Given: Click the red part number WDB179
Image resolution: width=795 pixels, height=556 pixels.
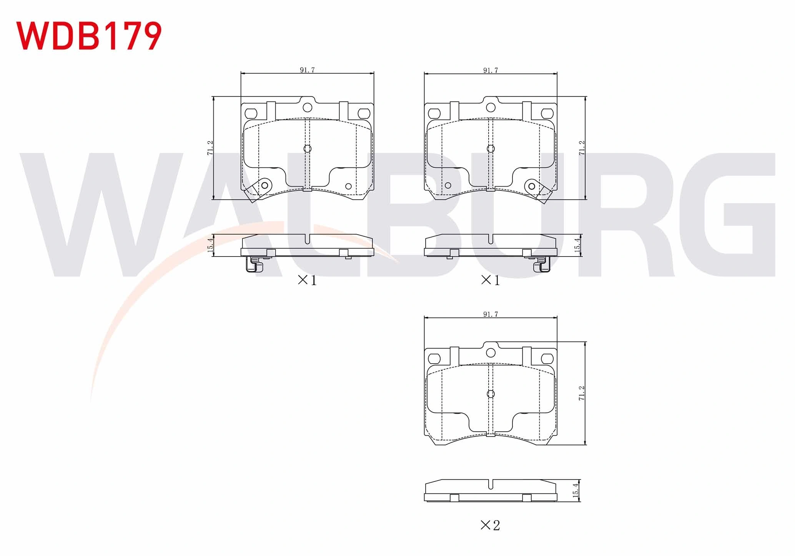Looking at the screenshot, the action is click(x=89, y=35).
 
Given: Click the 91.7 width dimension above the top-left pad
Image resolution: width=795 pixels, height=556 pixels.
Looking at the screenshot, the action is click(x=307, y=70).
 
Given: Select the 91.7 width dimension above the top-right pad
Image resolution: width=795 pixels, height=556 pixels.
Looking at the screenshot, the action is click(x=491, y=70).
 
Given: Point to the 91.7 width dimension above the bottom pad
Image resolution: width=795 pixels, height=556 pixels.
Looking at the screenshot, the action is click(x=491, y=314).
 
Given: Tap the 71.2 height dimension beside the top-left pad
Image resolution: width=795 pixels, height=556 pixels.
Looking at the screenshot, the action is click(x=210, y=148).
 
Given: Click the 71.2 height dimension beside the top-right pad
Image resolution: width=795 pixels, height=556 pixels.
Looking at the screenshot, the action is click(x=582, y=148).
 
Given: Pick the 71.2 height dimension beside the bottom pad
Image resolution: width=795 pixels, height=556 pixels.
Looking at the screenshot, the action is click(x=582, y=393).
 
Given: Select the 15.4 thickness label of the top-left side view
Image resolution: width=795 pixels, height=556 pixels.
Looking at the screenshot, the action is click(x=210, y=245).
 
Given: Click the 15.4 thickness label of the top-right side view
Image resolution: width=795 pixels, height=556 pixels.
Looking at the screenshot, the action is click(x=577, y=245).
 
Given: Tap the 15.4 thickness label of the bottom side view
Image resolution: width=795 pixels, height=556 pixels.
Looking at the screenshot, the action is click(x=575, y=490).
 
